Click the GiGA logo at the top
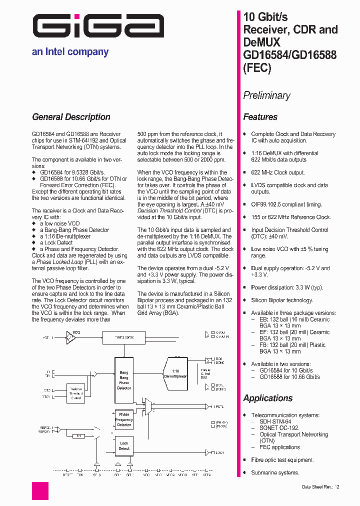[x=98, y=26]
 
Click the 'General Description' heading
[x=71, y=117]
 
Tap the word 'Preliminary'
[x=266, y=95]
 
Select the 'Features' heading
[x=260, y=117]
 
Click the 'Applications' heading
[x=267, y=398]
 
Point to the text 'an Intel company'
[x=70, y=51]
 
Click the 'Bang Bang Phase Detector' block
[x=124, y=380]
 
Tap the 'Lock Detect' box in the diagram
[x=124, y=446]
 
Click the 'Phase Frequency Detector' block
[x=124, y=419]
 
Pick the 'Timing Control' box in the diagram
[x=124, y=337]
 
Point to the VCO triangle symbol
[x=71, y=338]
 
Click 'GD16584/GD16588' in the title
[x=289, y=55]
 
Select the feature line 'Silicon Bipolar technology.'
[x=282, y=300]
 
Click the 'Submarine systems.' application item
[x=274, y=473]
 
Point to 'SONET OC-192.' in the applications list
[x=279, y=428]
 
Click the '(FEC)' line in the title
[x=257, y=68]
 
